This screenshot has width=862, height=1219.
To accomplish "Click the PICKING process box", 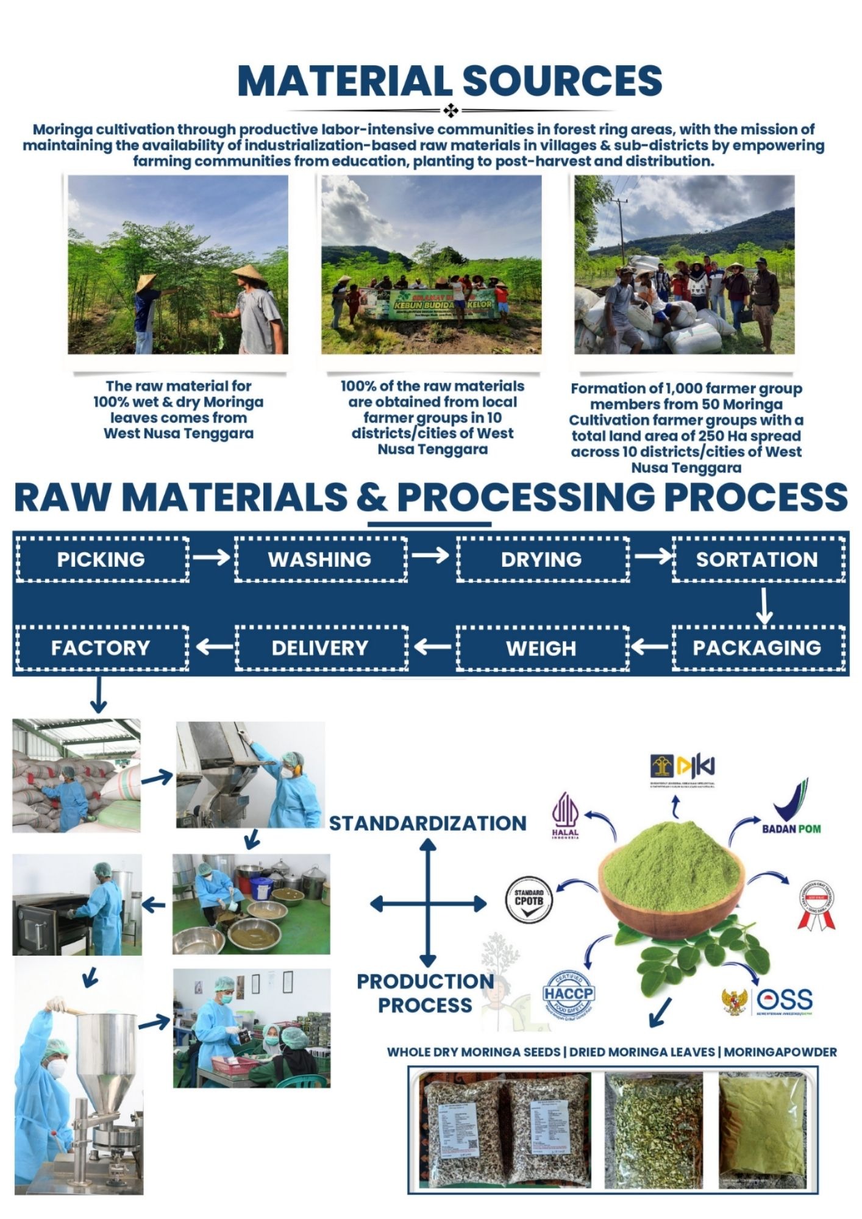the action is tap(101, 560).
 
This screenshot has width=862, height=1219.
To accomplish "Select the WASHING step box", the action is tap(320, 560).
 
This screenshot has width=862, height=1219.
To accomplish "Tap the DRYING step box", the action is tap(541, 560).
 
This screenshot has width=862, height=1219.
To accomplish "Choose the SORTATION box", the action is tap(757, 560).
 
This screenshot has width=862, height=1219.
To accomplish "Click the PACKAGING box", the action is tap(757, 647).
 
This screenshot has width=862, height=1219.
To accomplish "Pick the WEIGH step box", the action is tap(541, 647).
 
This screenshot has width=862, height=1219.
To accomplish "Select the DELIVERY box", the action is tap(320, 647).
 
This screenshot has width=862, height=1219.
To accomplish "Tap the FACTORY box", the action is tap(101, 647).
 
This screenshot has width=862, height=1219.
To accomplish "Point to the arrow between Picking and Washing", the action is tap(211, 557).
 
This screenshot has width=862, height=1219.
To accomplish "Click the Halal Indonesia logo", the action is tap(565, 816).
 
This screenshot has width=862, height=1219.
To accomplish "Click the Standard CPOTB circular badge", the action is tap(529, 898).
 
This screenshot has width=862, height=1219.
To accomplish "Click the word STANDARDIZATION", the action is tap(428, 823).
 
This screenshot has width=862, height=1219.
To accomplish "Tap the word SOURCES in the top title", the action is tap(561, 80).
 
